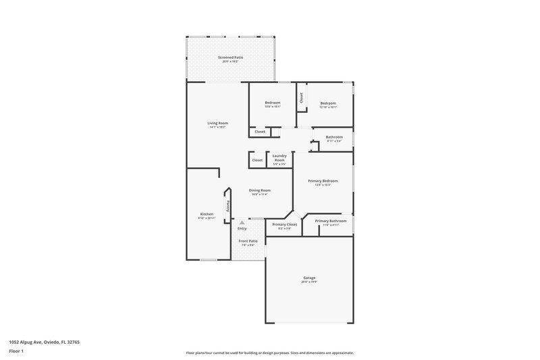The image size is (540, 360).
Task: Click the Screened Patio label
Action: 230,58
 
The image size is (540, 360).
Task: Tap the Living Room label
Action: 217,123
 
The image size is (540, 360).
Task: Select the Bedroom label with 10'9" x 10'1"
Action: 272,103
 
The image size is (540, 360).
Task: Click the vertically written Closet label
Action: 301,97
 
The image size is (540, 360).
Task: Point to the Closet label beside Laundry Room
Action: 257,160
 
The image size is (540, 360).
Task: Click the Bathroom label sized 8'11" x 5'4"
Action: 334,137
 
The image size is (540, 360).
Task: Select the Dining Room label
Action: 259,190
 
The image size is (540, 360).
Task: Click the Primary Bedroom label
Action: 323,181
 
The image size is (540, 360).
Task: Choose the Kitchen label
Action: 206,214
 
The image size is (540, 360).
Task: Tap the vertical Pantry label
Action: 229,204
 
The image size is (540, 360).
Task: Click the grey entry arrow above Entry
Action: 242,222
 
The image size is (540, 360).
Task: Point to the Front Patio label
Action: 248,241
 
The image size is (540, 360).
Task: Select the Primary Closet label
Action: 284,224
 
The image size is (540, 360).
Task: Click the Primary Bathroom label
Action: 331,221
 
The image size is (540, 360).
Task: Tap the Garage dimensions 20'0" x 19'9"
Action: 309,282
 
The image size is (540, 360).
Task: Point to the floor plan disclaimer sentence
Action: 269,353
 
